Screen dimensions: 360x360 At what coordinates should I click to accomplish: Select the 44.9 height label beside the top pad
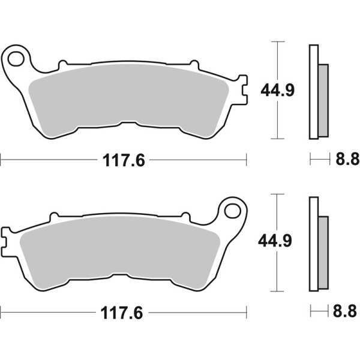276,91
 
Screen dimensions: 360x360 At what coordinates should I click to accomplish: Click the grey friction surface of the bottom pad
120,246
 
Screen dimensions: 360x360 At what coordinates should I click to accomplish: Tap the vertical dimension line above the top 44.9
276,60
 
